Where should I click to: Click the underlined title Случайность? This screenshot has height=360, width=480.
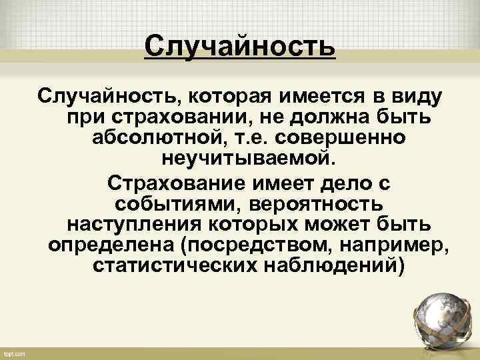tap(239, 47)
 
